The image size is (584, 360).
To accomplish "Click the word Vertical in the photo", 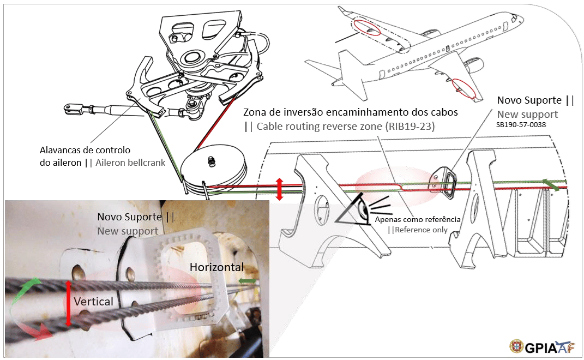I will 93,301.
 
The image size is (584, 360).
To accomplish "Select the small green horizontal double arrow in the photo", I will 248,281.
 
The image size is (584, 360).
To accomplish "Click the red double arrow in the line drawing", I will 279,188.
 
